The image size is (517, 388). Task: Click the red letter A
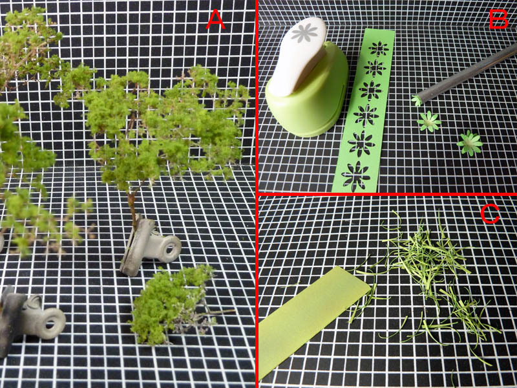coord(215,19)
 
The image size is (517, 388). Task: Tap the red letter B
coord(498,19)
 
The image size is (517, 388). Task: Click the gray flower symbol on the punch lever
coord(304,33)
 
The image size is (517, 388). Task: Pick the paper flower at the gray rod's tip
coord(417,100)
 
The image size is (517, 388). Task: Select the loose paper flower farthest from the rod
coord(470,143)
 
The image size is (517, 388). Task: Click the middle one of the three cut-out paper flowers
coord(429,122)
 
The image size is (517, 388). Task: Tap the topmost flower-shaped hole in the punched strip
coord(379,49)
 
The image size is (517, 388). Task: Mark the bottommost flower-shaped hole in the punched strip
coord(355,177)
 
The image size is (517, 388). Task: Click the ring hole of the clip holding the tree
coord(170,249)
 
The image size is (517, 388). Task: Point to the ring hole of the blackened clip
coord(50,323)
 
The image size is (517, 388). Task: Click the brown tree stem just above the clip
coord(132,208)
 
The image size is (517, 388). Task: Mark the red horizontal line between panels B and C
coord(387,194)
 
